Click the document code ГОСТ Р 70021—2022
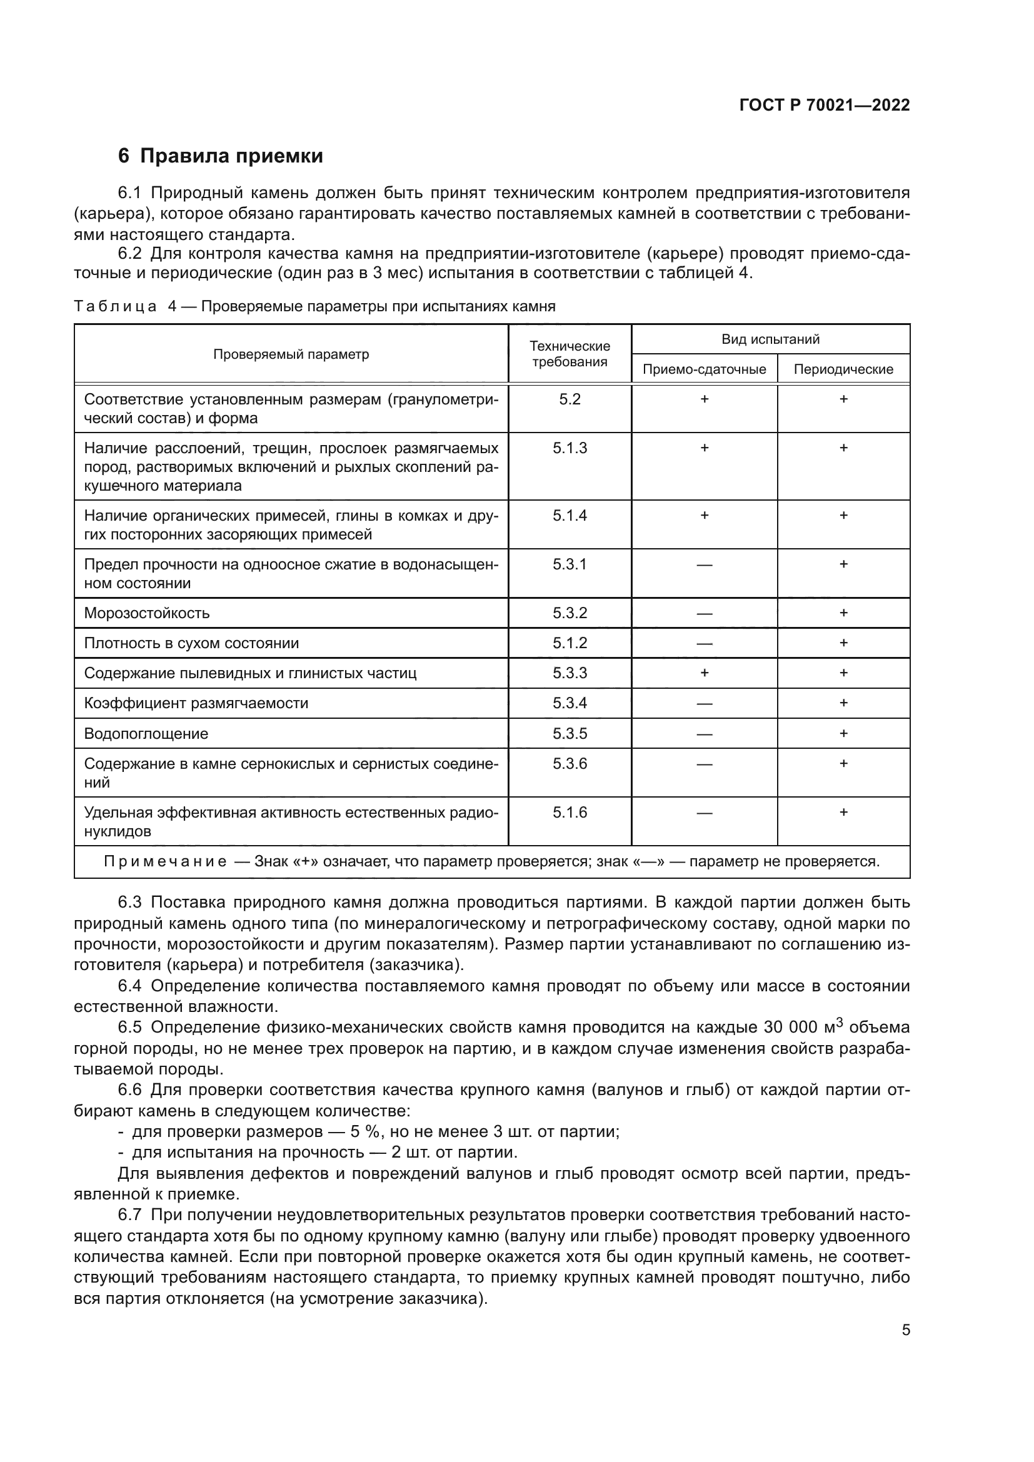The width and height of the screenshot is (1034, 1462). tap(825, 106)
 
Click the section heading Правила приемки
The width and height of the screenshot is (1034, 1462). tap(231, 156)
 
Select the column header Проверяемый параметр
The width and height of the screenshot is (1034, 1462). tap(291, 354)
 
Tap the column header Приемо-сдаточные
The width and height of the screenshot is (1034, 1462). tap(704, 369)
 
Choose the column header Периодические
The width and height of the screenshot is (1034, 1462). tap(843, 369)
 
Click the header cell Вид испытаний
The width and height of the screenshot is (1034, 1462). tap(770, 339)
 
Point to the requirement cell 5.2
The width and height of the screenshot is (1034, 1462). tap(570, 400)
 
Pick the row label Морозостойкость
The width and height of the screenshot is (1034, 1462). tap(147, 613)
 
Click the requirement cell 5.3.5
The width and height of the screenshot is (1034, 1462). tap(570, 734)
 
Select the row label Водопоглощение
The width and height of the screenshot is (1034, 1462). tap(146, 734)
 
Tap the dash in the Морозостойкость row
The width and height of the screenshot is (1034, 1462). tap(704, 614)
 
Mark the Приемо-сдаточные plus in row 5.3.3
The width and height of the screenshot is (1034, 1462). tap(704, 673)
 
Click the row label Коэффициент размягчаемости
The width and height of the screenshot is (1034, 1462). tap(196, 704)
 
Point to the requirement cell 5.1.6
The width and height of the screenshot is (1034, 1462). tap(570, 813)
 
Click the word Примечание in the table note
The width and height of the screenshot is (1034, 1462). tap(166, 862)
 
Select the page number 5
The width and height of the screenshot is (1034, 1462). tap(905, 1330)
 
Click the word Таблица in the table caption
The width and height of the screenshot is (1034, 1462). tap(115, 307)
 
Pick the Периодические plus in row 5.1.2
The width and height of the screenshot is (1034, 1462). tap(843, 643)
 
